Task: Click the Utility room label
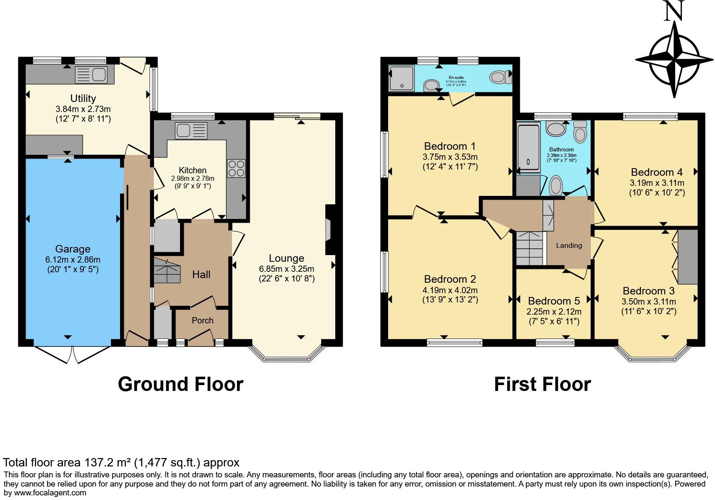pyautogui.click(x=83, y=98)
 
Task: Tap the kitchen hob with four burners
pyautogui.click(x=236, y=168)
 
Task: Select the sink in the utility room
pyautogui.click(x=91, y=75)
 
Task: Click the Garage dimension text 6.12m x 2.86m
pyautogui.click(x=73, y=260)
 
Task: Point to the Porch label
pyautogui.click(x=202, y=320)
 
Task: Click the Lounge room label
pyautogui.click(x=287, y=258)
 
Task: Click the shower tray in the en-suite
pyautogui.click(x=401, y=78)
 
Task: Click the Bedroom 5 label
pyautogui.click(x=554, y=301)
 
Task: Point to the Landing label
pyautogui.click(x=569, y=245)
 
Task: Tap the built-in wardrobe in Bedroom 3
pyautogui.click(x=688, y=257)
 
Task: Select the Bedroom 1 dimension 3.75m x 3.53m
pyautogui.click(x=450, y=156)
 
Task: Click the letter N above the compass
pyautogui.click(x=674, y=11)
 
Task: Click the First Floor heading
pyautogui.click(x=542, y=384)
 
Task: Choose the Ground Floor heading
pyautogui.click(x=180, y=384)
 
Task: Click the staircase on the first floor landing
pyautogui.click(x=530, y=249)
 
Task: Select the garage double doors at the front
pyautogui.click(x=72, y=354)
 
